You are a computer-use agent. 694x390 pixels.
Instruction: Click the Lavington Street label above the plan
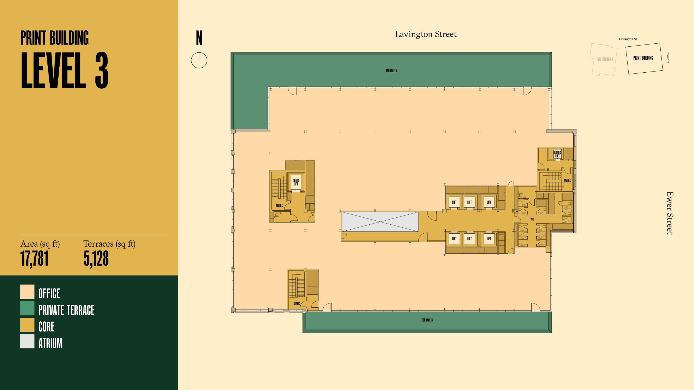tap(426, 34)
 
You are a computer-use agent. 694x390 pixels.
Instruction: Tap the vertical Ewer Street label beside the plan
tap(670, 213)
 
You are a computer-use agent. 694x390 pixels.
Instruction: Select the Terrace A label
tap(391, 71)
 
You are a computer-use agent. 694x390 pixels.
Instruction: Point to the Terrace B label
tap(427, 320)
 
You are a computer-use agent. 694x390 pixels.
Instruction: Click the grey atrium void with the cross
tap(380, 222)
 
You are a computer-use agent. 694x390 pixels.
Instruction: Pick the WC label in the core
tap(532, 219)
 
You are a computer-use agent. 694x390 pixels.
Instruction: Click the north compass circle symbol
tap(199, 60)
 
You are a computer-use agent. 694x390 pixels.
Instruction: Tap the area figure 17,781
tap(34, 259)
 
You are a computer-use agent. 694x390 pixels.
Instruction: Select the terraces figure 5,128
tap(96, 259)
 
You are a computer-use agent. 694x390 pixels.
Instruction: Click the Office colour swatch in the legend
tap(27, 292)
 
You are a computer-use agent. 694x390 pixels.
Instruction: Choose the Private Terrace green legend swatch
tap(27, 308)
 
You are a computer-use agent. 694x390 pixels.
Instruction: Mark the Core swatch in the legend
tap(27, 325)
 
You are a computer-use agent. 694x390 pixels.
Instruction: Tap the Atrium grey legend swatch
tap(27, 341)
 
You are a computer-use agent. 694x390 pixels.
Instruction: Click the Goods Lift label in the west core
tap(296, 182)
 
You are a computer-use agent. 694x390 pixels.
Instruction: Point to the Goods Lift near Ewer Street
tap(557, 154)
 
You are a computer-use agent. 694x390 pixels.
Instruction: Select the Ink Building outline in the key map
tap(604, 59)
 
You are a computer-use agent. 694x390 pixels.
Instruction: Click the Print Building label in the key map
tap(643, 58)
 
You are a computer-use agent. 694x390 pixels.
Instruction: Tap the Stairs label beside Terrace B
tap(297, 304)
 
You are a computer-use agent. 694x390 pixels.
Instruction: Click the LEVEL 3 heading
tap(65, 70)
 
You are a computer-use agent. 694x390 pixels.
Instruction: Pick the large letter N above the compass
tap(199, 38)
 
